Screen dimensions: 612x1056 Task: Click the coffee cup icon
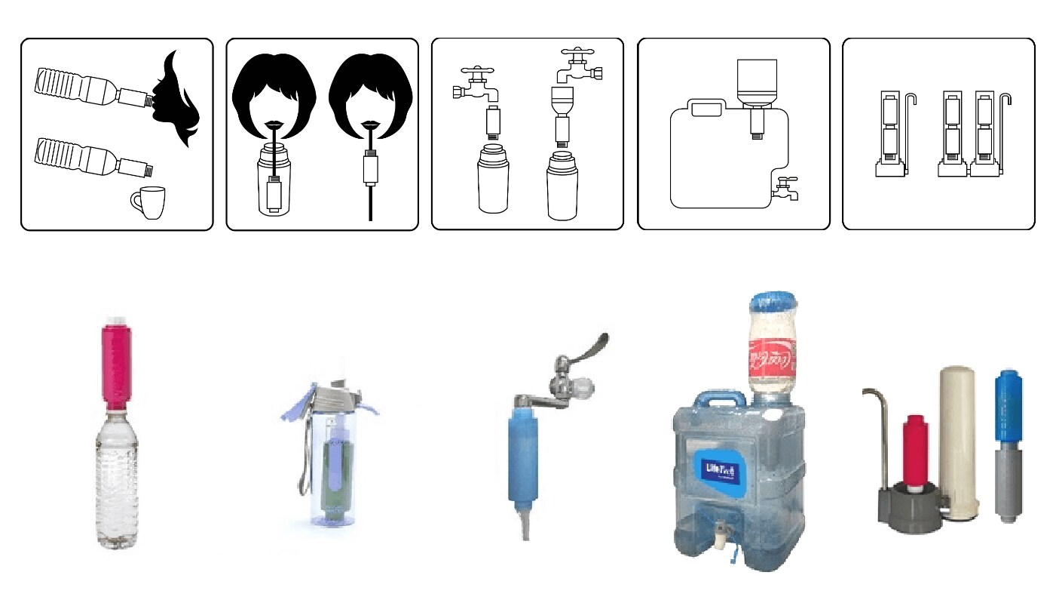[x=147, y=202]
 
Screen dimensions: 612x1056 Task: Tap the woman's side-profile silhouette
[x=178, y=98]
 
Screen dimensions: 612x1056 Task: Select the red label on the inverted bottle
[x=771, y=358]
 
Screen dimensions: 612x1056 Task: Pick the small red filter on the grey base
[x=916, y=451]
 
